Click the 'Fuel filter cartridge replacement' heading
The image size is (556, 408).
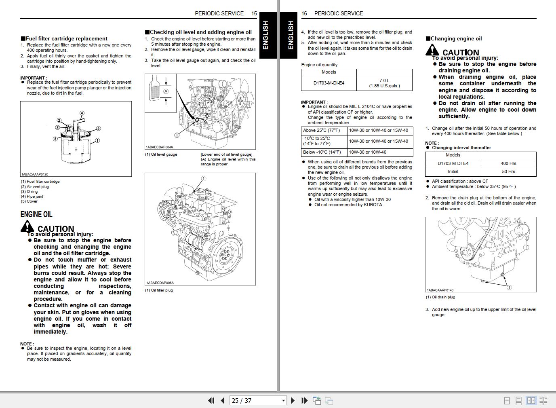pos(67,39)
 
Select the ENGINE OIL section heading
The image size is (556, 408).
pos(36,214)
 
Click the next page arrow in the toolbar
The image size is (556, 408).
pos(293,400)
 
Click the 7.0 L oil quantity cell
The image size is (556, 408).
pos(384,83)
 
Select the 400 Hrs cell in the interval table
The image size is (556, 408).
pos(508,163)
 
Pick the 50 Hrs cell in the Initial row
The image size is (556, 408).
pos(508,171)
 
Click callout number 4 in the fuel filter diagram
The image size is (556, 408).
pos(82,113)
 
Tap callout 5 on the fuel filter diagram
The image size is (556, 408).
pos(98,129)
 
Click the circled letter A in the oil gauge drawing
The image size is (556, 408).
pos(166,91)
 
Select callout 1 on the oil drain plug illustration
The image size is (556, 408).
pos(509,288)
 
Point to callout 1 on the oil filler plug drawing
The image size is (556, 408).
pos(204,178)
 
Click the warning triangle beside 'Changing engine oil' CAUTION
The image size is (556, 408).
pos(432,51)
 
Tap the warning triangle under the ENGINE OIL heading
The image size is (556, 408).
pos(27,227)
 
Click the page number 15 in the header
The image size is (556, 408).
pos(254,13)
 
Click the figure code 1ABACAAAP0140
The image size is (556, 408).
pos(440,290)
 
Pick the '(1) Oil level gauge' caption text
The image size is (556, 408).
pos(161,154)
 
